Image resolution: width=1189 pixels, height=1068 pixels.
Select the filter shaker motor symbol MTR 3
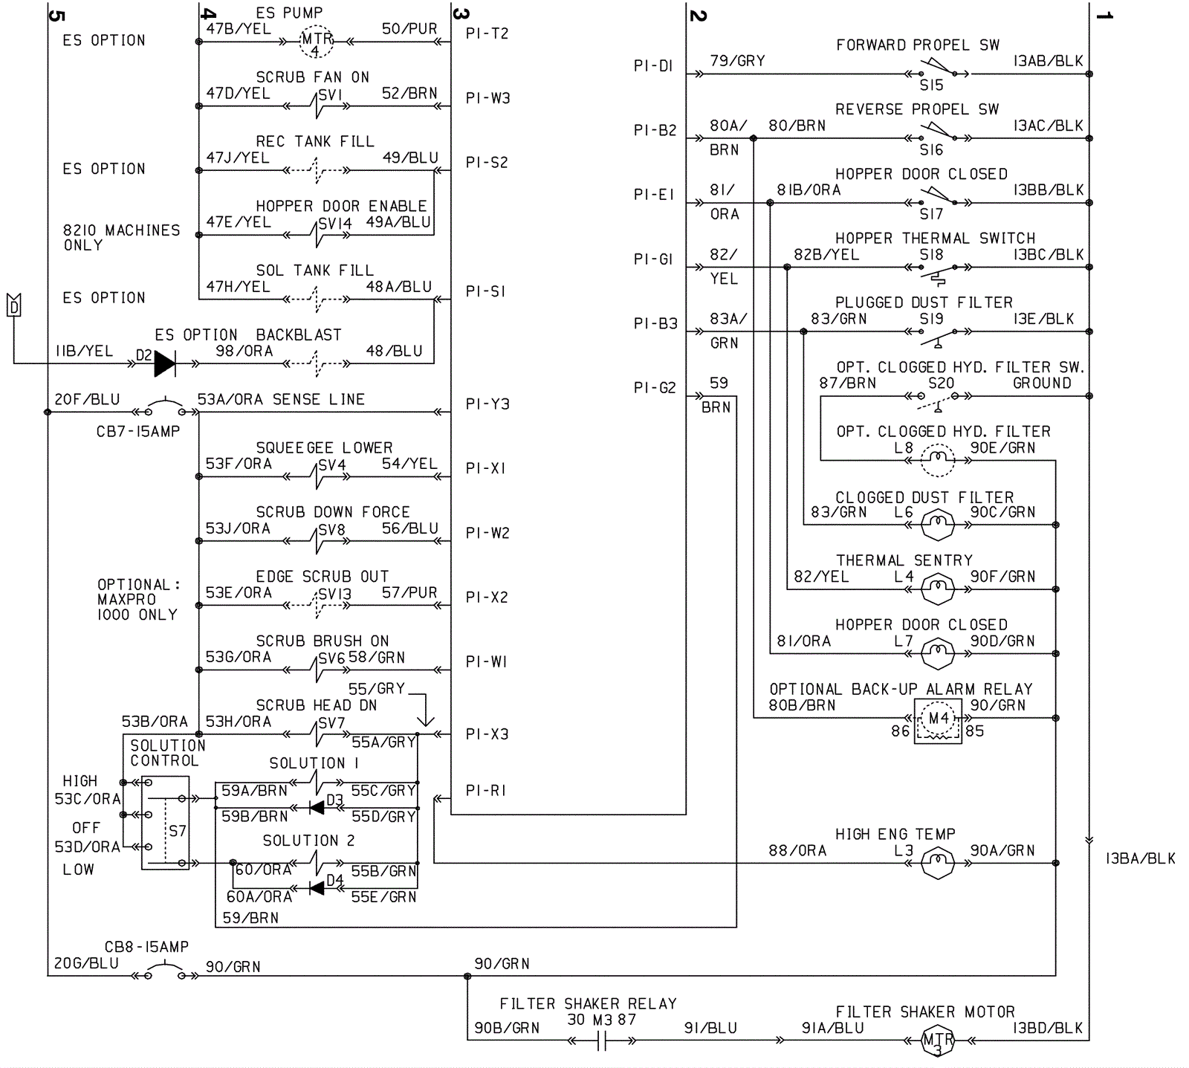[937, 1041]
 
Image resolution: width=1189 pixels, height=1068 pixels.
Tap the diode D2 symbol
[165, 363]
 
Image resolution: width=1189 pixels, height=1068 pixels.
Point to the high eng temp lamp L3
[937, 863]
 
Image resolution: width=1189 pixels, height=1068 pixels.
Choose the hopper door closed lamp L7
[937, 654]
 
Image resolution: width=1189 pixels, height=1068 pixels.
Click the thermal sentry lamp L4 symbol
[937, 589]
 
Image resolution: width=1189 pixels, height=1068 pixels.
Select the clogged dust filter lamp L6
[937, 525]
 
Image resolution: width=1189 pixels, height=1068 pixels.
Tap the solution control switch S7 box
[165, 823]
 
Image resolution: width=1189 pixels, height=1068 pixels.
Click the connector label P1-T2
[487, 33]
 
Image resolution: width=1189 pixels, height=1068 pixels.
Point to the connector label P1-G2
[655, 388]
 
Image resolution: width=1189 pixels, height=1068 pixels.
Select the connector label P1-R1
[485, 791]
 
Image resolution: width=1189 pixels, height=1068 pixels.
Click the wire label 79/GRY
[737, 61]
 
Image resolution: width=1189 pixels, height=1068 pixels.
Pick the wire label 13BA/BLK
[1140, 859]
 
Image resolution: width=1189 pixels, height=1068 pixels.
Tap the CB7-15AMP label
[138, 432]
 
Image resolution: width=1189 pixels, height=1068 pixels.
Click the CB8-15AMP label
[146, 947]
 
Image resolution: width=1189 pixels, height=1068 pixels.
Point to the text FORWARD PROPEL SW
[918, 45]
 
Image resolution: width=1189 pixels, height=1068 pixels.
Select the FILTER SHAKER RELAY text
[588, 1004]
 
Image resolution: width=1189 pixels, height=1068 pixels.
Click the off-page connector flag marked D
[13, 305]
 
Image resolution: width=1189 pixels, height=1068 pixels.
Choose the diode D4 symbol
[317, 887]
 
